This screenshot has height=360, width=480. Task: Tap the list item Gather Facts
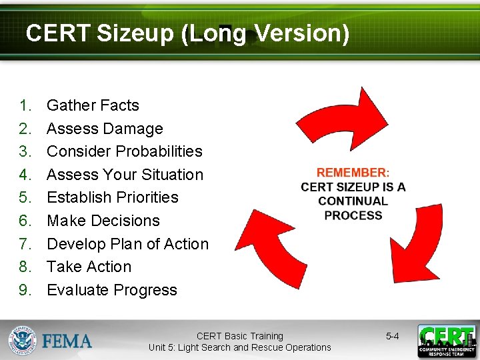point(93,105)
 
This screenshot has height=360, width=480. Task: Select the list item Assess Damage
point(105,129)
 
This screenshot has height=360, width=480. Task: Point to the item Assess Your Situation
point(125,175)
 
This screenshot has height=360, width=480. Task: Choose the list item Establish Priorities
point(113,197)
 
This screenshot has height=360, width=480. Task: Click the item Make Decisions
point(103,221)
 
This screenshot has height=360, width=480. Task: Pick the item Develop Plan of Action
point(127,244)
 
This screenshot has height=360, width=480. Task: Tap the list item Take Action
point(89,267)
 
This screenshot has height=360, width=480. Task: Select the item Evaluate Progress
point(112,290)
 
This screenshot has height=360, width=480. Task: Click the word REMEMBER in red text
point(351,173)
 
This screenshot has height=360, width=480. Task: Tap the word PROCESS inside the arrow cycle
point(353,215)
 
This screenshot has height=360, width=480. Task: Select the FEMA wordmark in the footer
point(67,341)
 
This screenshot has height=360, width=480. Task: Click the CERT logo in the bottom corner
point(446,341)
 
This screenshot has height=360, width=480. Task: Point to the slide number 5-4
point(392,336)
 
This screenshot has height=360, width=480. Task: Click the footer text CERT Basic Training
point(239,336)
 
